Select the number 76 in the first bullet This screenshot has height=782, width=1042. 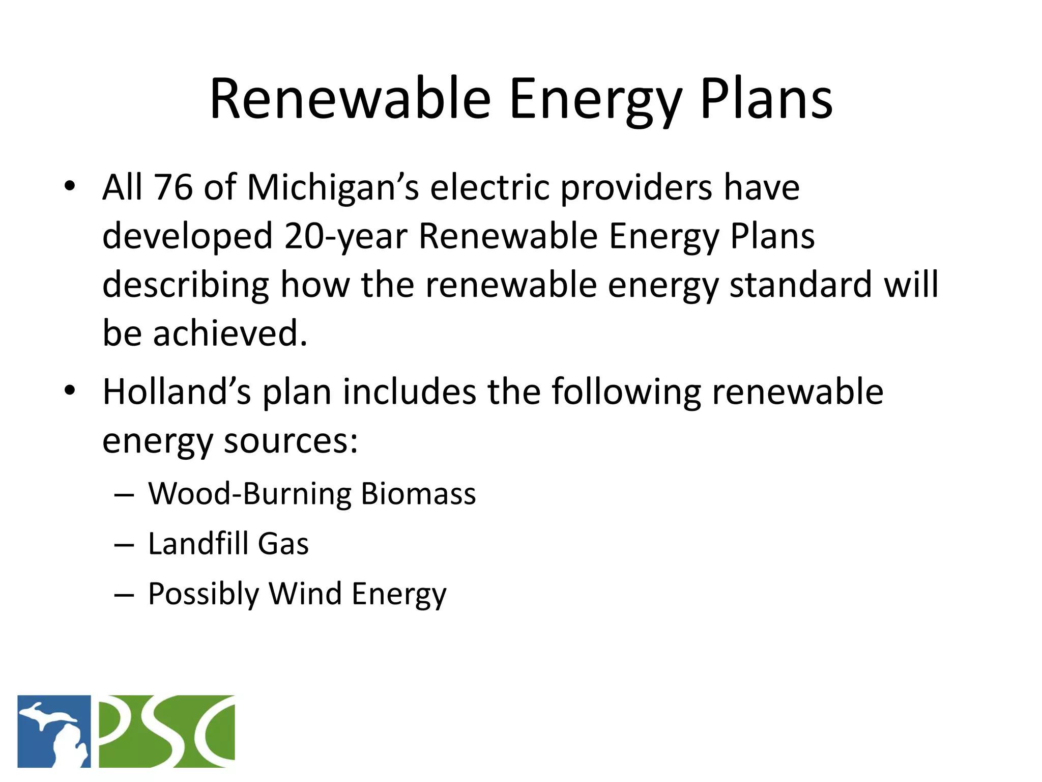(x=173, y=187)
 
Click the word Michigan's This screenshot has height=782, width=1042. (x=333, y=187)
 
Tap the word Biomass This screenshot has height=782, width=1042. (x=418, y=493)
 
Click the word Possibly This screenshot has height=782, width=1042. (x=204, y=594)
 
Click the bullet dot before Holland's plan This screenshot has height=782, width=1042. (x=70, y=391)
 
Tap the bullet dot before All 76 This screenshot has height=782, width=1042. (x=70, y=186)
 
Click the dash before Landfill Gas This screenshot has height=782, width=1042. (x=124, y=545)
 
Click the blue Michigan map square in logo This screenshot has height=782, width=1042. (x=54, y=731)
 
